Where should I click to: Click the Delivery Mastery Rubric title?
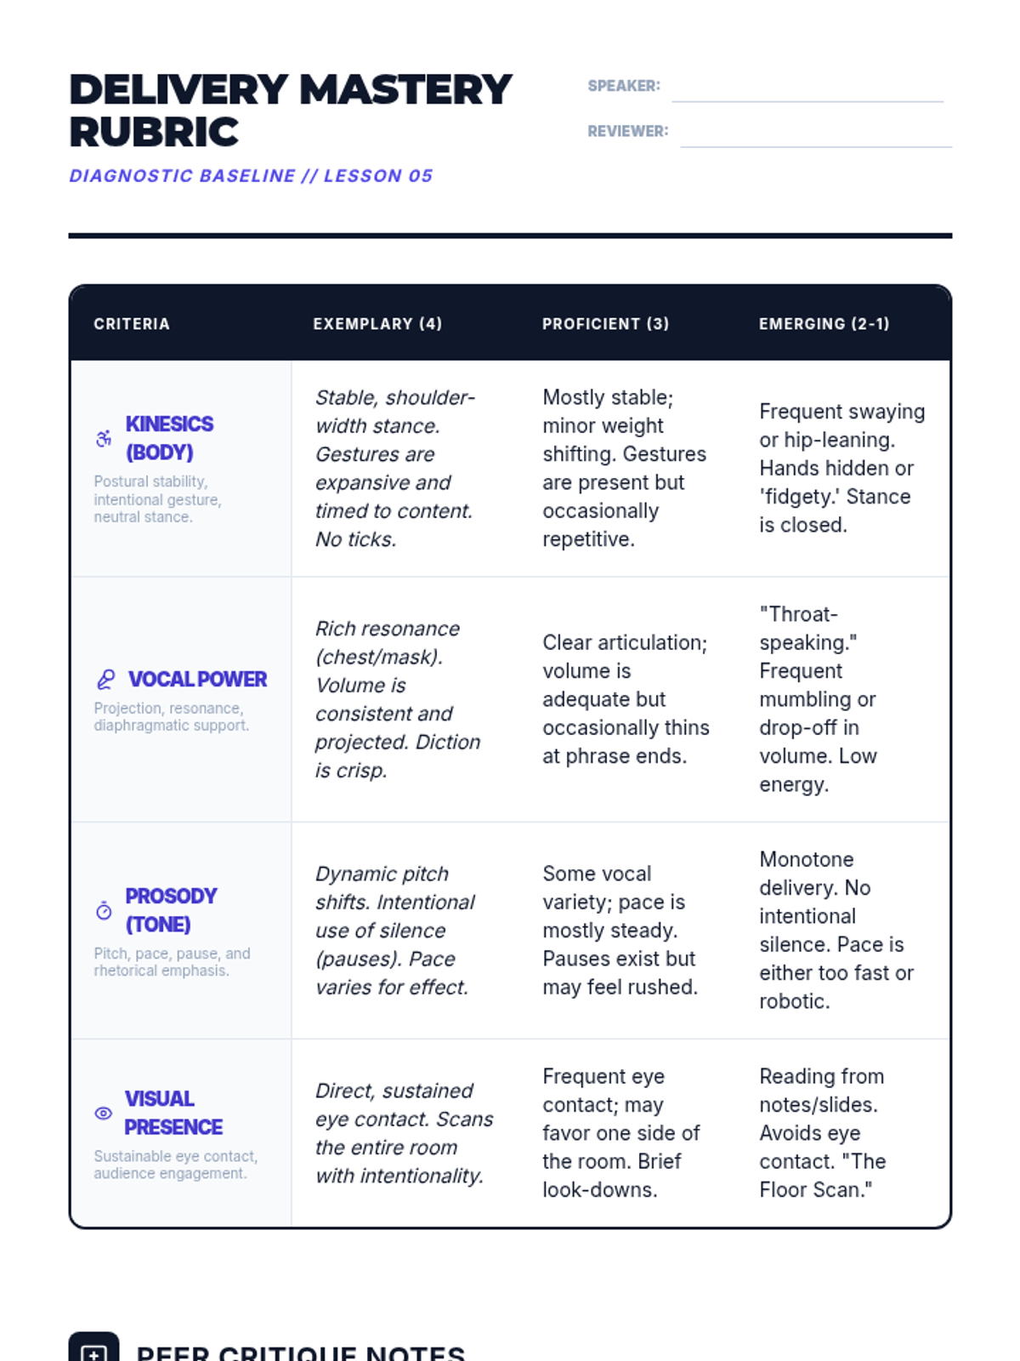pyautogui.click(x=289, y=111)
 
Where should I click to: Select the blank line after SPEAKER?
pyautogui.click(x=807, y=94)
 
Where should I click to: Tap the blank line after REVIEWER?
pyautogui.click(x=816, y=139)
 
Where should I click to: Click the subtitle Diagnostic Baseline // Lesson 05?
pyautogui.click(x=251, y=176)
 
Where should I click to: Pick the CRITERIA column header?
pyautogui.click(x=132, y=324)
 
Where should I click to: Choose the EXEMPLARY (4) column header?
pyautogui.click(x=377, y=324)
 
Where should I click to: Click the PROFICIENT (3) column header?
pyautogui.click(x=605, y=324)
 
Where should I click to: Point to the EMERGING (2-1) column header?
pyautogui.click(x=824, y=324)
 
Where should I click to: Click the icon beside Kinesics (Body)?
pyautogui.click(x=104, y=438)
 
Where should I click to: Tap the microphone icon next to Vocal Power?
pyautogui.click(x=105, y=679)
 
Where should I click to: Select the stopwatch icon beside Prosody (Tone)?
pyautogui.click(x=104, y=910)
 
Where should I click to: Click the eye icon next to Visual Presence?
pyautogui.click(x=104, y=1113)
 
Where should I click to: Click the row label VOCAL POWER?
pyautogui.click(x=197, y=679)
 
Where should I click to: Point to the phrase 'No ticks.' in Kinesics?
pyautogui.click(x=355, y=539)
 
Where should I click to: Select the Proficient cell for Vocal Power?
pyautogui.click(x=625, y=699)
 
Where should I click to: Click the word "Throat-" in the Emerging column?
pyautogui.click(x=798, y=614)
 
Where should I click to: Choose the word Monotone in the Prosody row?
pyautogui.click(x=806, y=859)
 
